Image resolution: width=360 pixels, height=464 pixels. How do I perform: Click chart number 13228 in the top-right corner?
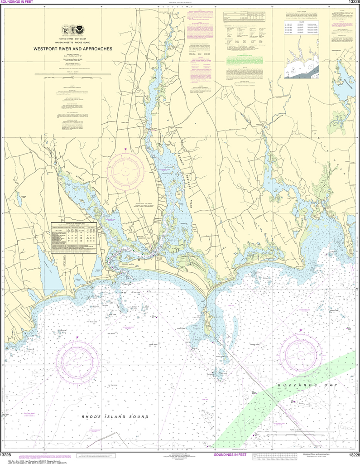(x=352, y=2)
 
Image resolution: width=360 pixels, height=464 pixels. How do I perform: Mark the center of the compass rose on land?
(x=125, y=172)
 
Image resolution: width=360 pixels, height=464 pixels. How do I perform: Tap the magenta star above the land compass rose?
(x=125, y=149)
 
